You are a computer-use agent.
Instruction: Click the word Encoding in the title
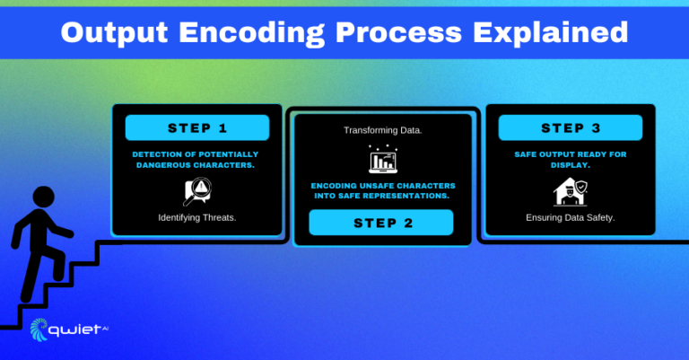tap(252, 33)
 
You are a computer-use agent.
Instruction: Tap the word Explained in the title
tap(551, 33)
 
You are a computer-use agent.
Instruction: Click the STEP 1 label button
tap(197, 127)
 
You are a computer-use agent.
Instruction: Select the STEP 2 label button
tap(381, 223)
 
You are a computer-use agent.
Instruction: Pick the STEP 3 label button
tap(571, 127)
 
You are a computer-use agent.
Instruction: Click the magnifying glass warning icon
tap(197, 191)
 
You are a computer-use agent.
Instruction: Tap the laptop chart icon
tap(383, 159)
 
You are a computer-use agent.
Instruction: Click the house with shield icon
tap(571, 191)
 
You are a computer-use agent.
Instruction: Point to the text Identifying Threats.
tap(197, 217)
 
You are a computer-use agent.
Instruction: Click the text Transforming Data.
tap(383, 130)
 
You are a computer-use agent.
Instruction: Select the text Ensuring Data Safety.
tap(571, 217)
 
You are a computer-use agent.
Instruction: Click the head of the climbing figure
tap(43, 197)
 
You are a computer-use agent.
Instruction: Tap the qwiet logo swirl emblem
tap(39, 329)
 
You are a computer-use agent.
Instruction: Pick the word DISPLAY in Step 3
tap(571, 165)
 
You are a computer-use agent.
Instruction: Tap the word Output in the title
tap(114, 33)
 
